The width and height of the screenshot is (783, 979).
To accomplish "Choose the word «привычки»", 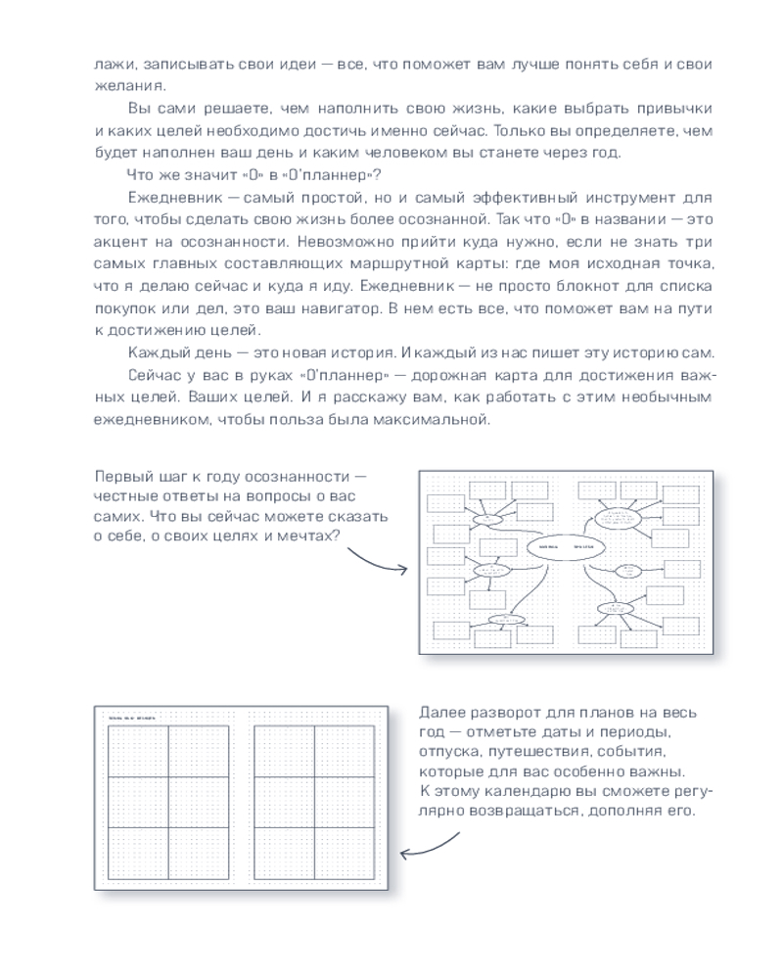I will click(x=668, y=108).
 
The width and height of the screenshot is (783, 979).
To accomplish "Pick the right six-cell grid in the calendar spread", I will click(x=314, y=801).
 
